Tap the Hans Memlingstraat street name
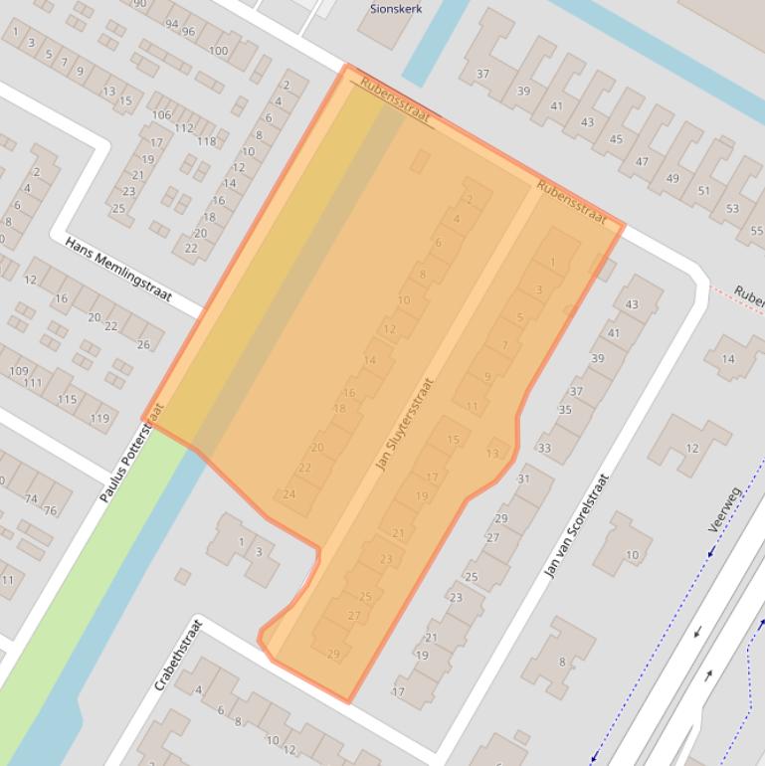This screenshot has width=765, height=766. [118, 269]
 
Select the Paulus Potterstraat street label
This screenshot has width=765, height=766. [131, 452]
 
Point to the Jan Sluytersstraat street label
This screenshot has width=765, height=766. [405, 424]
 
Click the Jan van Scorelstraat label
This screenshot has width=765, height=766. [576, 526]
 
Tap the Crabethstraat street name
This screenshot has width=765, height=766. [178, 655]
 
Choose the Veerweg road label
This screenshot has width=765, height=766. [725, 509]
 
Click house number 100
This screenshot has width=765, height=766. [218, 51]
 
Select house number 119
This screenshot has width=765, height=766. [99, 419]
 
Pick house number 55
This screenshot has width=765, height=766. [757, 231]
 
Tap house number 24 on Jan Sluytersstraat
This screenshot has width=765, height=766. [289, 494]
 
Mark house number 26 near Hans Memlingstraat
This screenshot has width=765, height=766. [144, 345]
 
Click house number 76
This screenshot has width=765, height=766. [50, 510]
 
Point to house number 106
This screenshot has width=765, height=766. [161, 115]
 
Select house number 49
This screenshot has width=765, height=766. [672, 179]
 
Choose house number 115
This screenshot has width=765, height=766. [67, 400]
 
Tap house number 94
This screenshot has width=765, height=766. [172, 24]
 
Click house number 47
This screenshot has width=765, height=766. [642, 162]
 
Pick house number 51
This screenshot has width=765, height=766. [703, 191]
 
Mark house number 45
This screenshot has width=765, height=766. [615, 139]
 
